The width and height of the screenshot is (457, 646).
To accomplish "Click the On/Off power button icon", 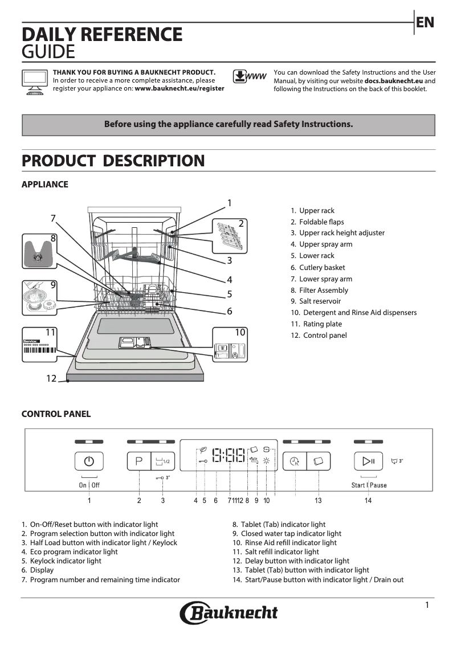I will click(x=89, y=461).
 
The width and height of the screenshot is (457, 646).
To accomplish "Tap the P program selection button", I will click(x=138, y=461).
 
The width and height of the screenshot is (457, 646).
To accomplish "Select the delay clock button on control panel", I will click(x=295, y=461).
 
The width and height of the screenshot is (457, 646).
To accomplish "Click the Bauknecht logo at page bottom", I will click(x=229, y=613).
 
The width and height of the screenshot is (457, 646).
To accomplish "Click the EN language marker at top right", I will click(x=425, y=22).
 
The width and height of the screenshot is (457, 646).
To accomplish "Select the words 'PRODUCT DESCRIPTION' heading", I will click(x=113, y=161).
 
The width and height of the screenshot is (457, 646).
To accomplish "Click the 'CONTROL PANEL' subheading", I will click(x=56, y=414).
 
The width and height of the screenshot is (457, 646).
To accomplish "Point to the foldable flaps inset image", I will click(x=231, y=235).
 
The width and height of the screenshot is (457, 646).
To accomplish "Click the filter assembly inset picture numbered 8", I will click(x=39, y=251).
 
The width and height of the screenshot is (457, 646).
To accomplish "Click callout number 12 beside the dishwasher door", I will click(x=51, y=378).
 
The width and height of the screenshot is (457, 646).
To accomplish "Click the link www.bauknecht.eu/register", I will click(x=179, y=89).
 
